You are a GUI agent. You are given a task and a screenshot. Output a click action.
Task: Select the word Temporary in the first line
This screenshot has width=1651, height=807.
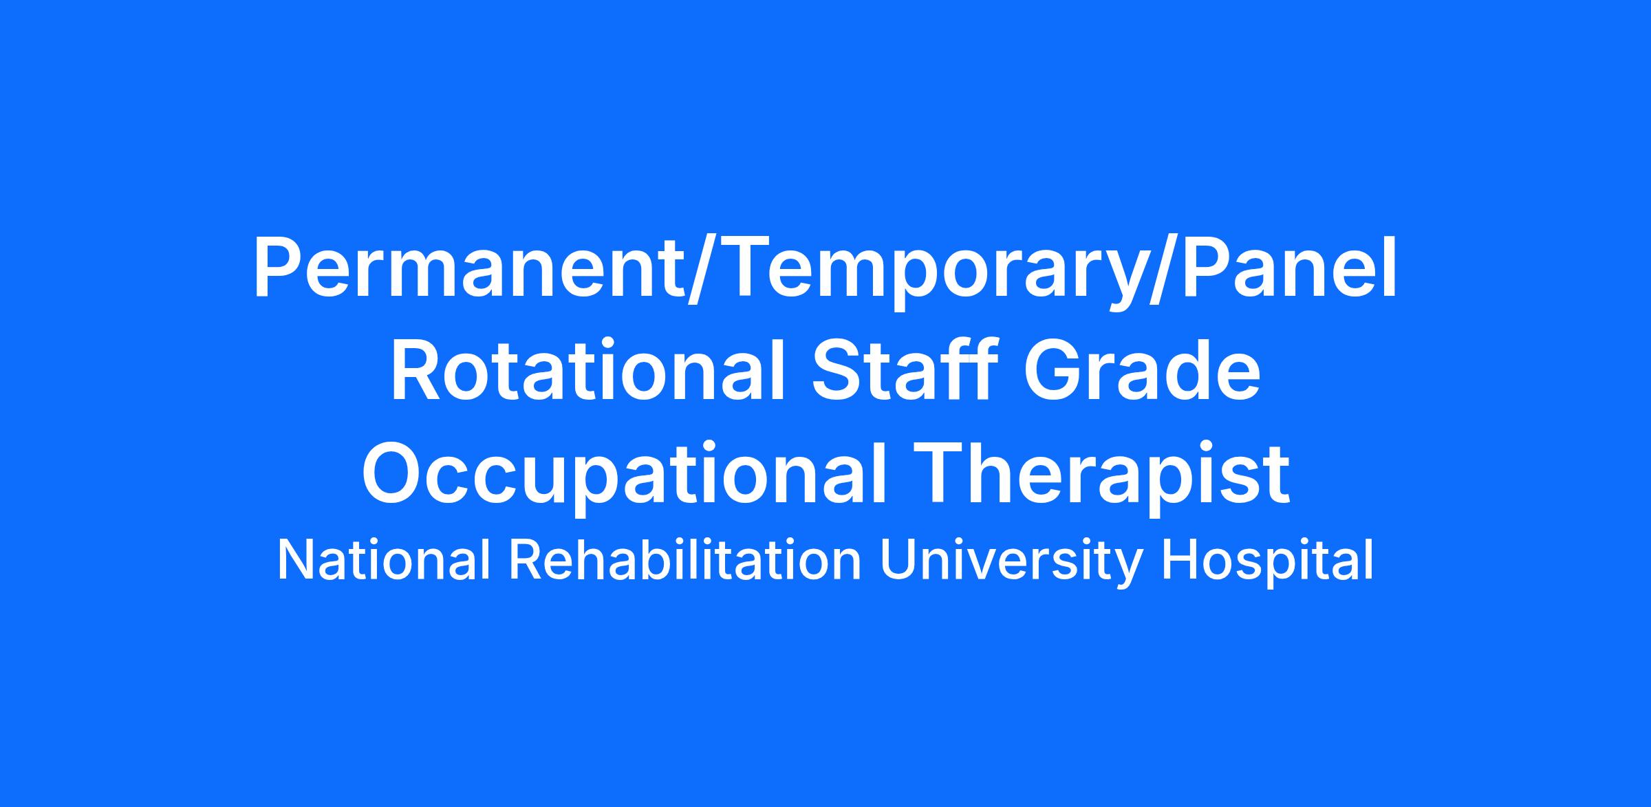click(925, 272)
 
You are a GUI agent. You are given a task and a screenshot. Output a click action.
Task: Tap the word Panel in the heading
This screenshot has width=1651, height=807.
click(1280, 268)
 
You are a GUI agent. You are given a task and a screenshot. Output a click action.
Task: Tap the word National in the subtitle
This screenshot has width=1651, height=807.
click(384, 561)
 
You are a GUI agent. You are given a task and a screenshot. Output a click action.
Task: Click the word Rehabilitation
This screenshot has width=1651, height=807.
click(685, 561)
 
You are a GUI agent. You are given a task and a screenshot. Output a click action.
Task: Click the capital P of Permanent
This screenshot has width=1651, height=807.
click(278, 268)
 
